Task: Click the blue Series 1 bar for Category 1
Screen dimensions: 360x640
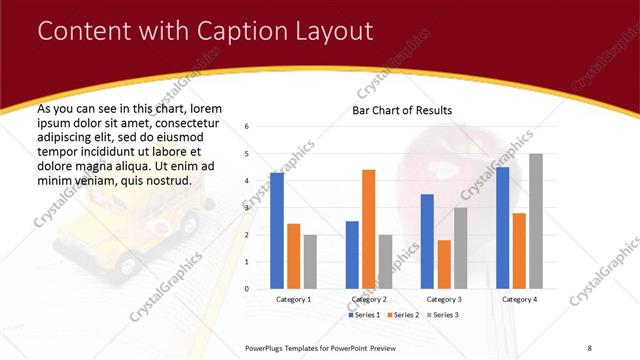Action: [277, 230]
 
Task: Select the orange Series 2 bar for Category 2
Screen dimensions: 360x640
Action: [369, 229]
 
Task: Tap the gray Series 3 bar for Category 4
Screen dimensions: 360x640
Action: [536, 221]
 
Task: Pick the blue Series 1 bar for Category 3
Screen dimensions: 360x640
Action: [427, 241]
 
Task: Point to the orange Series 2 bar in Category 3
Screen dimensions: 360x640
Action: [444, 264]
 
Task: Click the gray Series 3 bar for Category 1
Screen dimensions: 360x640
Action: [310, 261]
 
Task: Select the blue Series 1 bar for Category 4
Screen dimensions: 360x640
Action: [502, 227]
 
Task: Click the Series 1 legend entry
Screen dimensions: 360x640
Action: [365, 315]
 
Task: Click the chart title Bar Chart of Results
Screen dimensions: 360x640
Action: [402, 110]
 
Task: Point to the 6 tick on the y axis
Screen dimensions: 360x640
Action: [246, 127]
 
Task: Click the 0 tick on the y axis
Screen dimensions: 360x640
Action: [246, 288]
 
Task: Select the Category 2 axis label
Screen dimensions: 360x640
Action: [369, 299]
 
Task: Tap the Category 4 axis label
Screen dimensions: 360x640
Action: [519, 299]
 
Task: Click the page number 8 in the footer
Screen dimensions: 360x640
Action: [590, 347]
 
